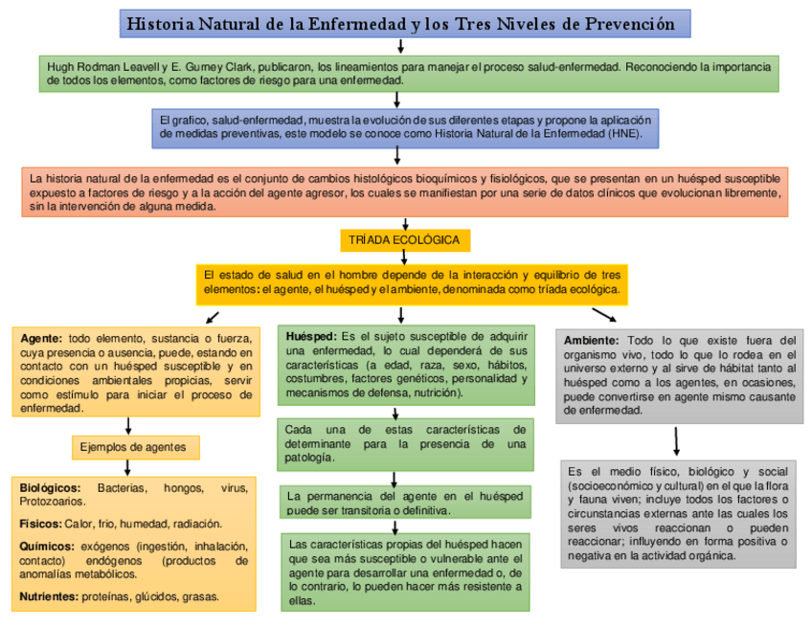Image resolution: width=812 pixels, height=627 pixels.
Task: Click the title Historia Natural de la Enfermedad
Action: click(x=401, y=23)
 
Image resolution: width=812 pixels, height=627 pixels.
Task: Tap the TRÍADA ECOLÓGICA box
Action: click(x=403, y=239)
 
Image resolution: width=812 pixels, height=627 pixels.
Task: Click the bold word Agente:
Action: click(x=41, y=338)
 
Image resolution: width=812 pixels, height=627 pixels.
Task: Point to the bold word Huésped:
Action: click(x=311, y=337)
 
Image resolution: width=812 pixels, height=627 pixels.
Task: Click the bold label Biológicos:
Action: click(x=50, y=488)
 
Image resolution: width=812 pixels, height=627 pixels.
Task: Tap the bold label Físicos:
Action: click(x=40, y=524)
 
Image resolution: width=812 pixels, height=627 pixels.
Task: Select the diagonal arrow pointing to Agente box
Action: click(x=212, y=316)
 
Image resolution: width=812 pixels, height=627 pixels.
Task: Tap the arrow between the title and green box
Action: click(x=402, y=46)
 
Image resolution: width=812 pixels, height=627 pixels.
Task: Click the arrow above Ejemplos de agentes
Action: click(x=128, y=425)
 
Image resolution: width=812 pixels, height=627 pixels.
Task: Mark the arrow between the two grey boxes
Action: click(x=677, y=439)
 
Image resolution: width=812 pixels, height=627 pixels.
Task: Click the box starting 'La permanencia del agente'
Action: click(x=405, y=503)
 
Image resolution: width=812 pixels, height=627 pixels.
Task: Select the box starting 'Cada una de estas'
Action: click(x=405, y=443)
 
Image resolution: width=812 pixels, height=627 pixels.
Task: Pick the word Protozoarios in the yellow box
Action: click(x=53, y=501)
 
